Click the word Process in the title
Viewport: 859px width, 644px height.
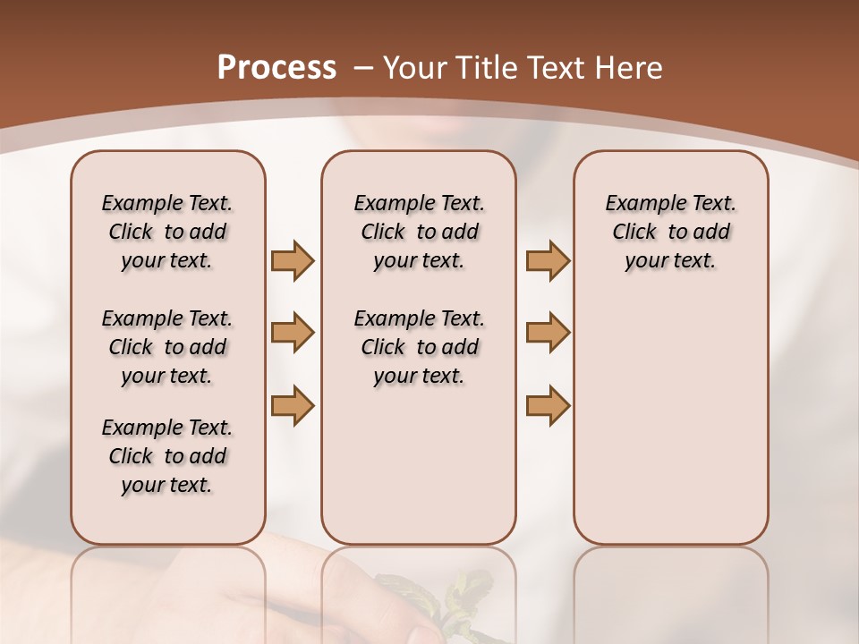276,68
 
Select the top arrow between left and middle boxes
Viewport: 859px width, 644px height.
293,260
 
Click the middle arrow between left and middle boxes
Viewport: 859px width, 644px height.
293,333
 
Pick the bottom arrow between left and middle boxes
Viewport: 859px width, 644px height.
293,405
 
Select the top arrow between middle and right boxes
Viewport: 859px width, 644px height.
548,260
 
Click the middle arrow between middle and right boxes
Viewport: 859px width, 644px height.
548,333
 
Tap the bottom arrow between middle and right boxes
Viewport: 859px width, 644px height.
548,405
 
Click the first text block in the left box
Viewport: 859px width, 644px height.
167,232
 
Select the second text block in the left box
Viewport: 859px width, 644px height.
167,347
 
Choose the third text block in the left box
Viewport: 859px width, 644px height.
167,456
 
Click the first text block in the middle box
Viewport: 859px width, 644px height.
419,232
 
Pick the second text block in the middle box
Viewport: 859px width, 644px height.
419,347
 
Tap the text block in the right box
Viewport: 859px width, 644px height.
670,232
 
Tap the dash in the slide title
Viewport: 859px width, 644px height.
364,68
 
